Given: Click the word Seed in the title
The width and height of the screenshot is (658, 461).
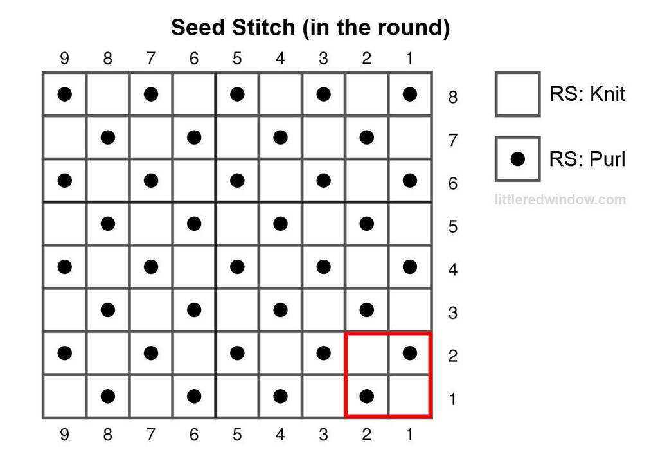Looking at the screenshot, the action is point(198,27).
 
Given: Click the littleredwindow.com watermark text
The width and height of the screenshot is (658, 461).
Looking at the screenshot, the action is point(560,199).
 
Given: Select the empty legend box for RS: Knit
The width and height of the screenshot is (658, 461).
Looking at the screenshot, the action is point(517,94).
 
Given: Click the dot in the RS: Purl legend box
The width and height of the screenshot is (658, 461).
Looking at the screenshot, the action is point(518,159).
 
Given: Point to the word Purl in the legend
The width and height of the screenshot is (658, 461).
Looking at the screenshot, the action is point(607,159).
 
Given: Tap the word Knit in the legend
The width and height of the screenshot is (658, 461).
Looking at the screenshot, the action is point(607,94).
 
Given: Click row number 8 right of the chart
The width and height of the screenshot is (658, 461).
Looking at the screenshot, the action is point(452,97).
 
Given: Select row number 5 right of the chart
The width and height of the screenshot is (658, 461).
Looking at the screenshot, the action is point(452,227).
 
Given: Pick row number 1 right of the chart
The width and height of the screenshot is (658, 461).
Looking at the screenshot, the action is point(452,399).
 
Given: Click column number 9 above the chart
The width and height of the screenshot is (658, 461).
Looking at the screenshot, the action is point(64,58).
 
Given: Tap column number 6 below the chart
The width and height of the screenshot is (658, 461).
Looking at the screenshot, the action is point(194,435).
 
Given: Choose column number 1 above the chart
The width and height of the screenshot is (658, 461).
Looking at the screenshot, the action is point(409,58).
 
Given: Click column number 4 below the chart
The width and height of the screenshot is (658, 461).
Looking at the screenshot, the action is point(280,435).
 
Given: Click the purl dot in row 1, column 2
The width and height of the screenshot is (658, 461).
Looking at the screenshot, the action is point(367,396).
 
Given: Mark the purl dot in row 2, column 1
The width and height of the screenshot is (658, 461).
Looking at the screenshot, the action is point(409,353).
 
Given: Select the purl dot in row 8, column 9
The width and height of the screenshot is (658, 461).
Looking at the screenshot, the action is point(65,94).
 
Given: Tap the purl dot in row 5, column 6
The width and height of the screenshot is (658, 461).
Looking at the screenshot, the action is point(194,224).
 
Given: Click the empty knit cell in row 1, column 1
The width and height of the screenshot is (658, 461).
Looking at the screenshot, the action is point(409,396).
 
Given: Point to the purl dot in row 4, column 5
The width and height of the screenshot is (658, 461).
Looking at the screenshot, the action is point(237,267).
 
